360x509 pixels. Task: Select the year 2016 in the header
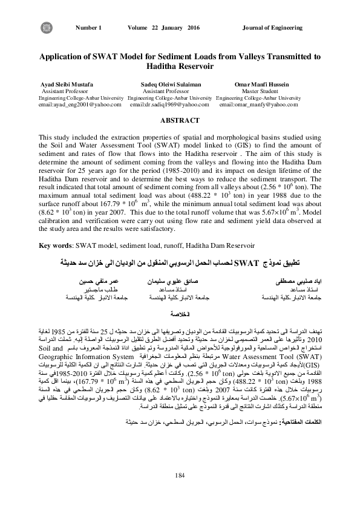click(x=194, y=28)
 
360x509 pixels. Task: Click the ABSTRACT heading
click(x=180, y=121)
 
